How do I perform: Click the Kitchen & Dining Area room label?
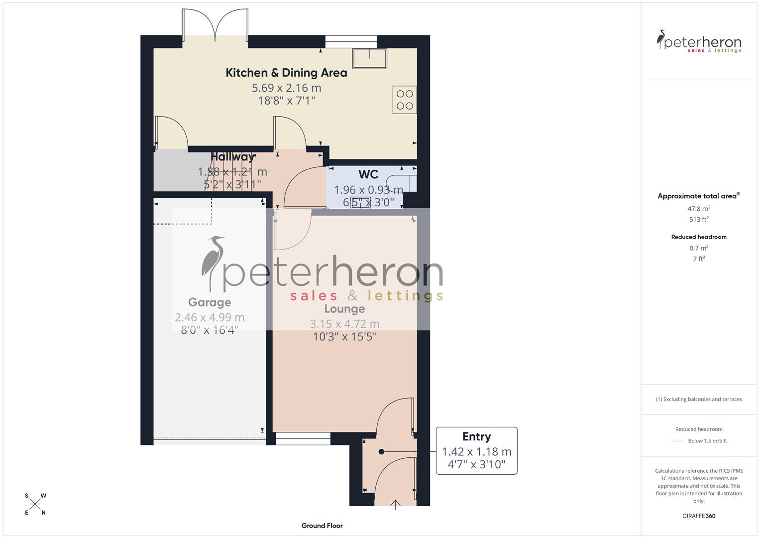(x=286, y=73)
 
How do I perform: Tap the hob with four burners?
(x=405, y=100)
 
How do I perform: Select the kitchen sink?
(x=369, y=58)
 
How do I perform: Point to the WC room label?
(x=368, y=174)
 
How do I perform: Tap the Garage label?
(x=210, y=302)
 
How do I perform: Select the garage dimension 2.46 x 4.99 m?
(x=210, y=317)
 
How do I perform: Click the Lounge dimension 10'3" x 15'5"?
(x=344, y=337)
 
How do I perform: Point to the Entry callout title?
(x=476, y=437)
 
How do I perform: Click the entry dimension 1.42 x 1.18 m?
(x=476, y=452)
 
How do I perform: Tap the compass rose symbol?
(x=35, y=504)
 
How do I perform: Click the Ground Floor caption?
(x=322, y=526)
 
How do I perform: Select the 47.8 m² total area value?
(x=699, y=209)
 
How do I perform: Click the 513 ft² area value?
(x=699, y=220)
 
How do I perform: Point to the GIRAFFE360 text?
(x=699, y=516)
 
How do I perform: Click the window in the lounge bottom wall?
(x=303, y=438)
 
